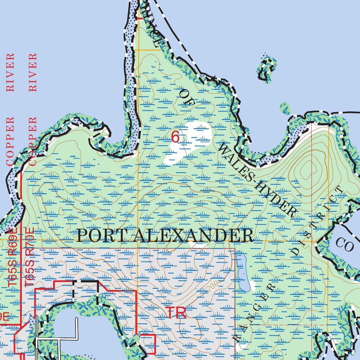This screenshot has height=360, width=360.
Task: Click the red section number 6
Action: [x=175, y=137]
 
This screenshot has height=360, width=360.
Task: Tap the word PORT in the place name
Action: [x=102, y=236]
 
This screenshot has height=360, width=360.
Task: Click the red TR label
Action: [x=176, y=313]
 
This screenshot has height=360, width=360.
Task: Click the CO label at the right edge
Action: [x=345, y=244]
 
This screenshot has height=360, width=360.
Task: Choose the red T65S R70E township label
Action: [x=30, y=257]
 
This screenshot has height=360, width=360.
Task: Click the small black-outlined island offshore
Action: [x=267, y=68]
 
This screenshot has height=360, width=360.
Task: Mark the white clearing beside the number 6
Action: [x=188, y=142]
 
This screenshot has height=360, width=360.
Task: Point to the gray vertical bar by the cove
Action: [x=36, y=334]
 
